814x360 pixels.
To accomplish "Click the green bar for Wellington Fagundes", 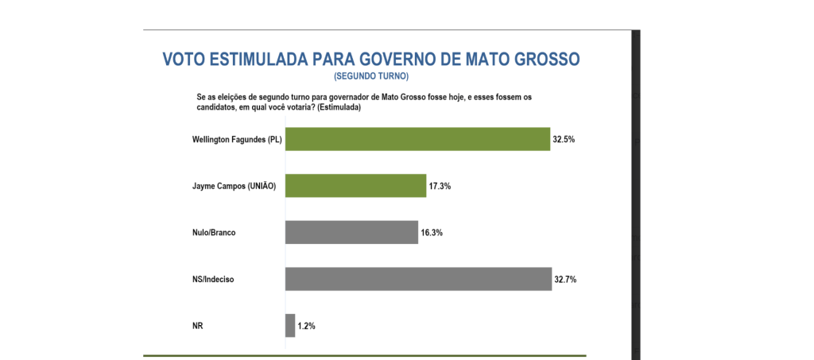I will [x=417, y=139].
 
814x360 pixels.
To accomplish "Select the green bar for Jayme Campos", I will [x=355, y=186].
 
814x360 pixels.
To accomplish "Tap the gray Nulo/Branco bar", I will [x=351, y=232].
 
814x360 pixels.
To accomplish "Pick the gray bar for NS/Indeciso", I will [x=418, y=279].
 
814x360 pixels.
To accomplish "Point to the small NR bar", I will [x=290, y=326].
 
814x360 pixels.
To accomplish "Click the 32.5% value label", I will [x=564, y=139].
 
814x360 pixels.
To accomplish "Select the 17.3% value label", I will [x=440, y=186].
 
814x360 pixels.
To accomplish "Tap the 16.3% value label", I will [x=432, y=233].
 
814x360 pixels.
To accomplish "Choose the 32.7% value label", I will [x=565, y=279].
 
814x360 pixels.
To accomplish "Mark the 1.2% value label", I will [x=306, y=326].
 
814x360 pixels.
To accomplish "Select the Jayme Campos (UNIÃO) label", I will [x=238, y=186].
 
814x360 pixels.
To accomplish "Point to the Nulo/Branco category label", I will [x=215, y=233].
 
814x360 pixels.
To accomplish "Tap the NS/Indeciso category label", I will [x=213, y=279].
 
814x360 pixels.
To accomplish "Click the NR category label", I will [x=198, y=326].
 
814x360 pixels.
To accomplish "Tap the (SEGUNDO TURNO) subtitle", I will [x=371, y=76].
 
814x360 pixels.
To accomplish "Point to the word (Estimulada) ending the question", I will [x=339, y=106].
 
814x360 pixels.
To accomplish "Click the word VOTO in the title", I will [x=184, y=60].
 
